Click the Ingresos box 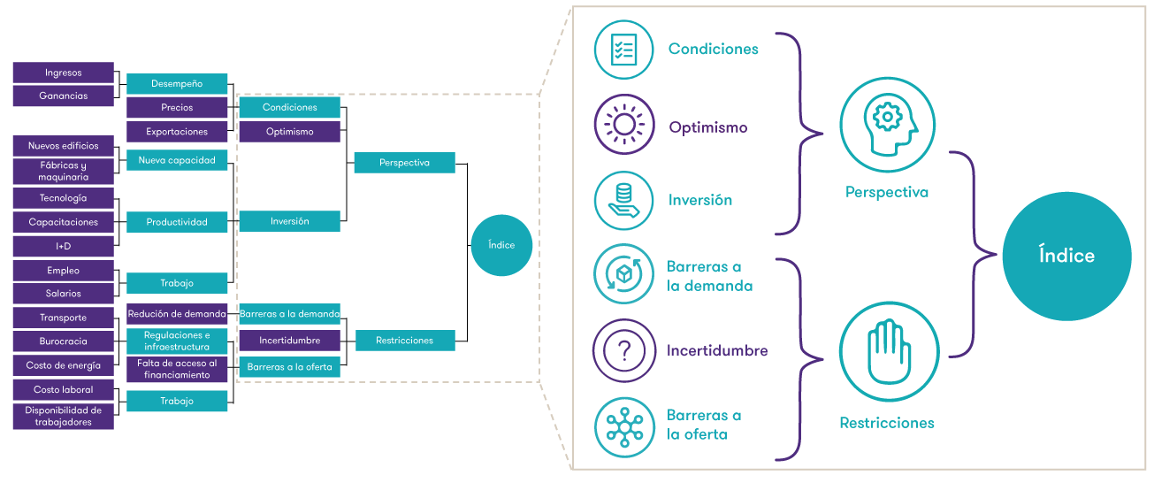tap(64, 73)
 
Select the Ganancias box tap(64, 96)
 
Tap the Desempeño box tap(177, 84)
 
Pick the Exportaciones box tap(177, 132)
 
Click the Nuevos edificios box tap(64, 146)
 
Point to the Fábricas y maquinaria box tap(64, 171)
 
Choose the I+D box tap(64, 246)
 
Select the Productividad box tap(177, 222)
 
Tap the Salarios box tap(64, 294)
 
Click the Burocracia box tap(64, 341)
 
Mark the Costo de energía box tap(64, 365)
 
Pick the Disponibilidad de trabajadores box tap(64, 416)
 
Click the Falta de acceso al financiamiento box tap(177, 369)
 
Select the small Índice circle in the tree tap(501, 245)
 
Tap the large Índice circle tap(1066, 256)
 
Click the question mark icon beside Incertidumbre tap(624, 350)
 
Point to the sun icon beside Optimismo tap(624, 126)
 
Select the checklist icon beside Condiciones tap(624, 50)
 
